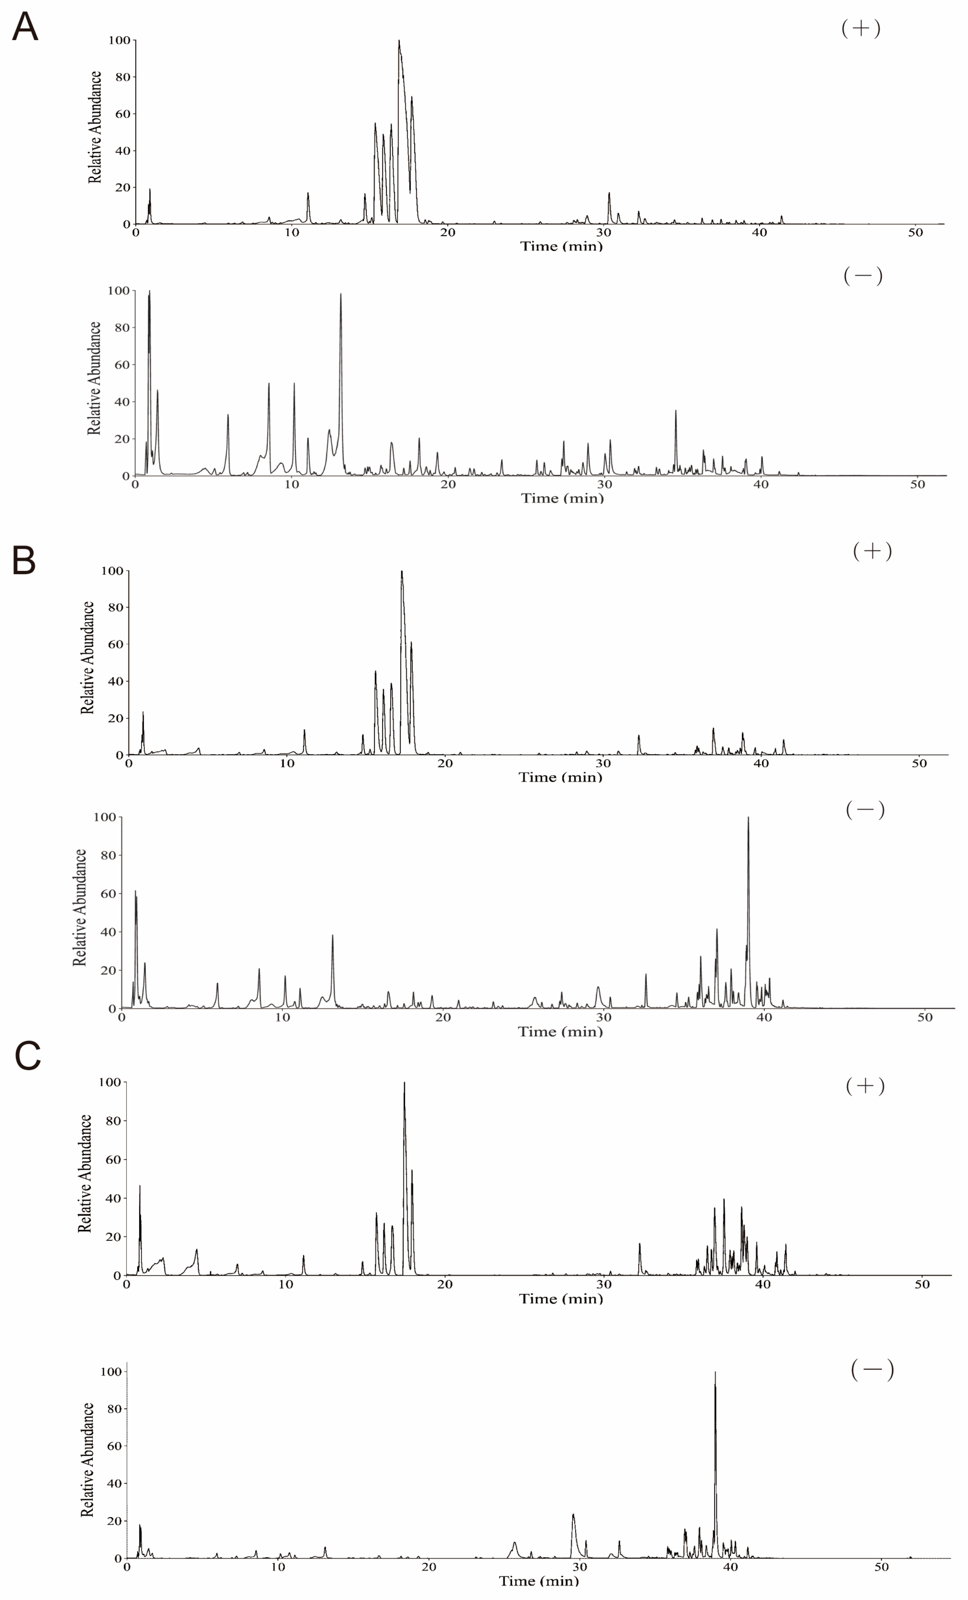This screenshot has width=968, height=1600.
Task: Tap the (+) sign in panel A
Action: click(860, 28)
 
